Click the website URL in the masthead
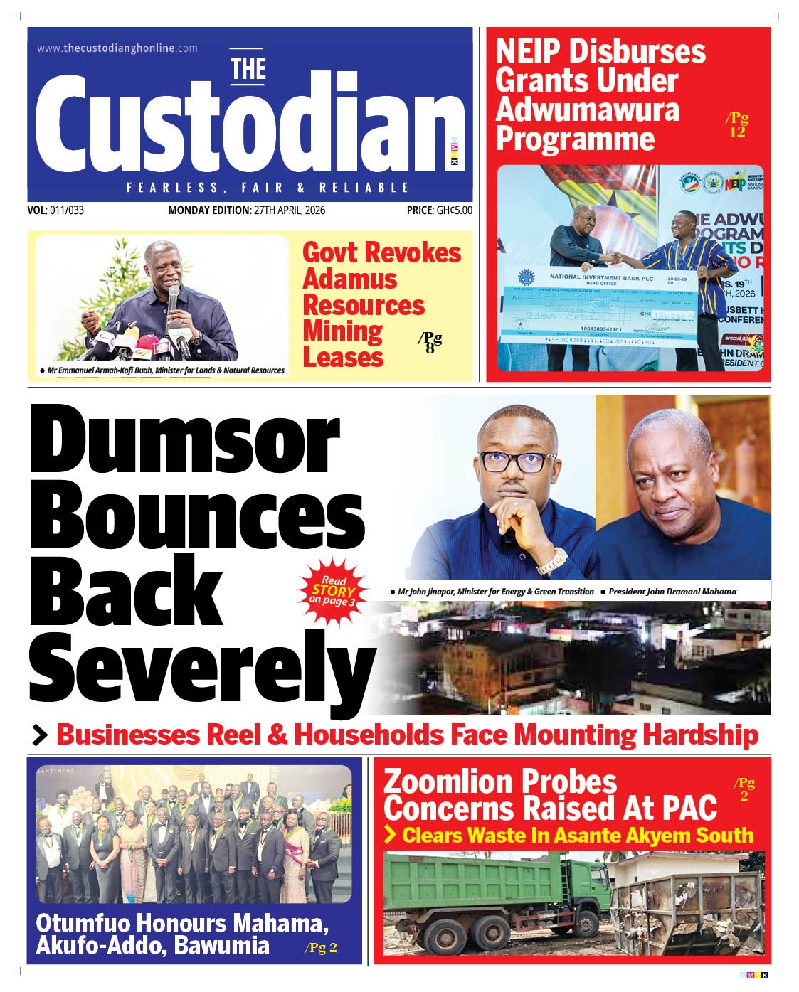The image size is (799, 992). point(117,48)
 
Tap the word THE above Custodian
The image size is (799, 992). point(248,69)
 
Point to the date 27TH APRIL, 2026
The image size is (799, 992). point(290,210)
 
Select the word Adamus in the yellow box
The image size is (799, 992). point(349,279)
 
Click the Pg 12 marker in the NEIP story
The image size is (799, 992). point(737,125)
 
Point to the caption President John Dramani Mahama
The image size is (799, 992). point(672,592)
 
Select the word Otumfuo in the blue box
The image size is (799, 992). point(83,924)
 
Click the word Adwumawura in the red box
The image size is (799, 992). point(588,110)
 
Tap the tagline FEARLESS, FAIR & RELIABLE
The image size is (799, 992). point(268,188)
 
